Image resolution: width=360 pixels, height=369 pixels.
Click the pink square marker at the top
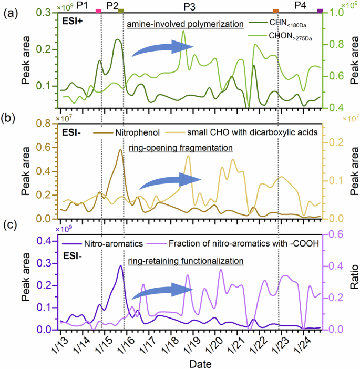coord(98,11)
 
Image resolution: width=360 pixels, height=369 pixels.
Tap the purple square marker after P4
coord(320,11)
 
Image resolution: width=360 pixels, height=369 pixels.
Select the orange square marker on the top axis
coord(276,11)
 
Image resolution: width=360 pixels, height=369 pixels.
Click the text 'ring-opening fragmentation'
coord(178,148)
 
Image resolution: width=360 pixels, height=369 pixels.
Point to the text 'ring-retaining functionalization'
coord(185,260)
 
